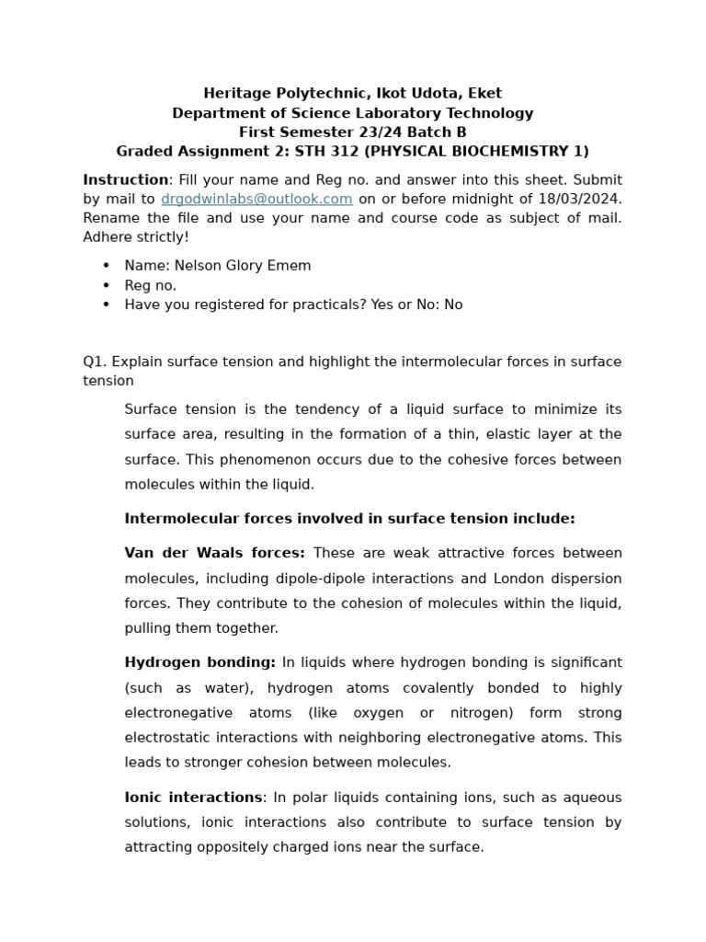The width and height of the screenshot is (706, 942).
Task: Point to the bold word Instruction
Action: click(125, 179)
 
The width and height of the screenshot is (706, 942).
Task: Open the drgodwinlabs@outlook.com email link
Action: click(256, 199)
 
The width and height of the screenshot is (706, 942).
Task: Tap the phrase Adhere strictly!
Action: click(136, 237)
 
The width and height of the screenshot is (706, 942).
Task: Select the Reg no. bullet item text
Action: click(150, 285)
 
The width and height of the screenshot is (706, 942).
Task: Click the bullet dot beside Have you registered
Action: click(107, 304)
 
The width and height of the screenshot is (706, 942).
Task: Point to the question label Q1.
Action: click(94, 362)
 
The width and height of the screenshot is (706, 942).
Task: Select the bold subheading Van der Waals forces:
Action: click(215, 553)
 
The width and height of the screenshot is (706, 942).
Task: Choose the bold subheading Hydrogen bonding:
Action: click(199, 662)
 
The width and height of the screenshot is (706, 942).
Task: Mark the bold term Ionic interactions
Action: click(193, 798)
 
